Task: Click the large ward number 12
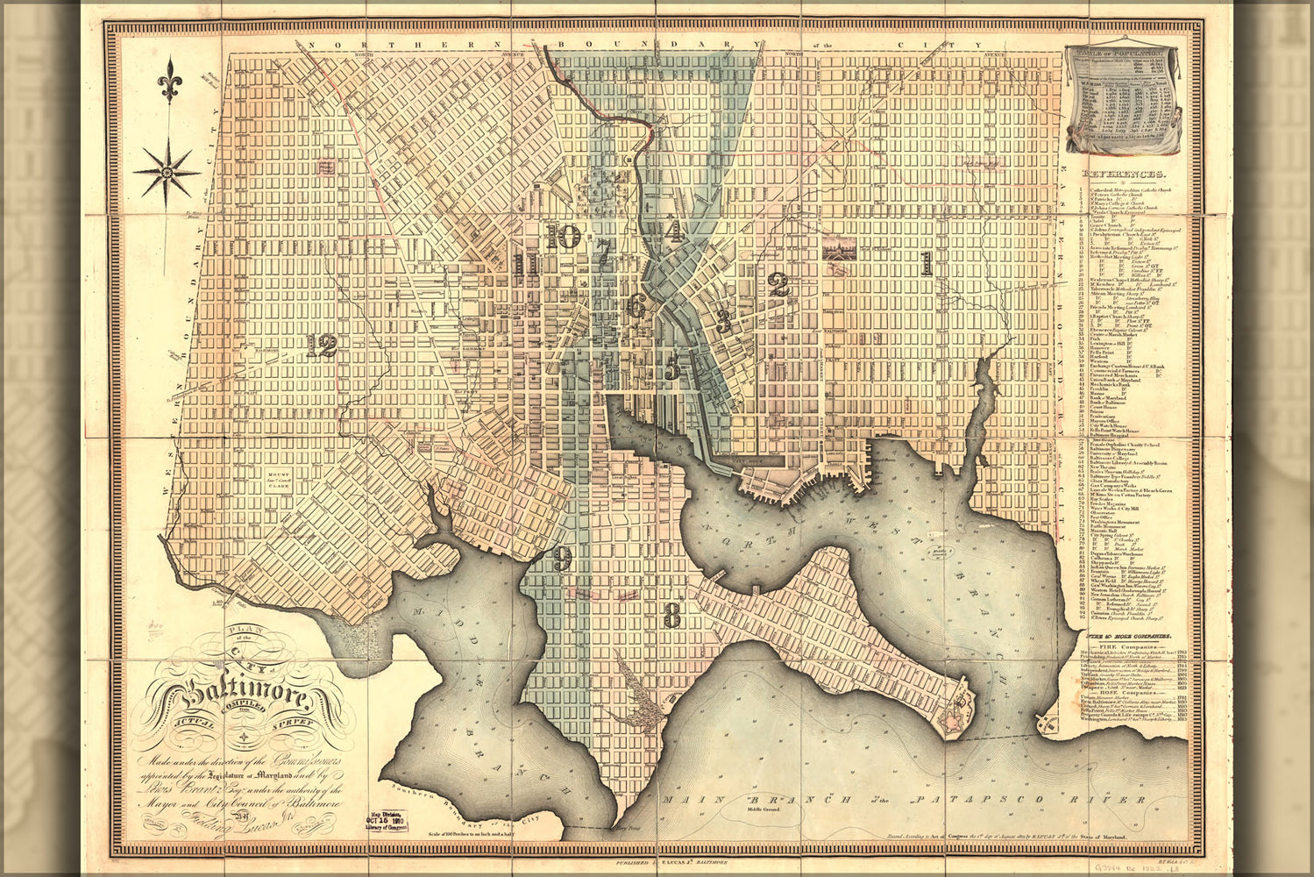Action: (322, 346)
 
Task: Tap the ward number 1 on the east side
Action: (926, 262)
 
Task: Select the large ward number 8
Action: (671, 615)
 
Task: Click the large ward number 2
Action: (778, 284)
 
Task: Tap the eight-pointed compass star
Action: (166, 171)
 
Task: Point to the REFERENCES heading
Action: (1124, 175)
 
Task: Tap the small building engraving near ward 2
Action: (839, 249)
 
